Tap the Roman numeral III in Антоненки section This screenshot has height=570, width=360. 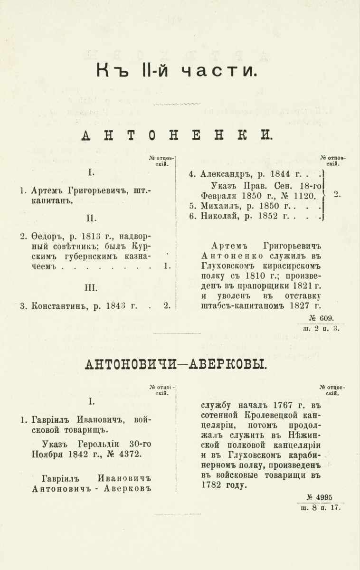[91, 287]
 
